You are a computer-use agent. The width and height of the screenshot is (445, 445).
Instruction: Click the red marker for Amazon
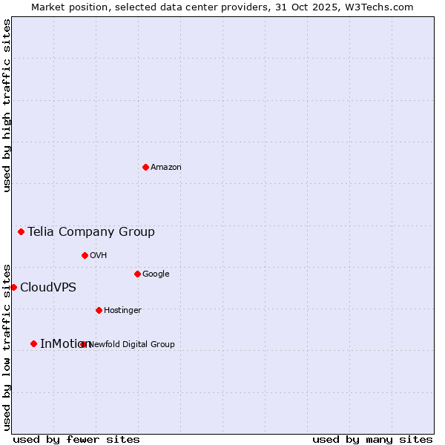pos(145,167)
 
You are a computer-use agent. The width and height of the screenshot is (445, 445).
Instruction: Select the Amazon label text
pos(166,168)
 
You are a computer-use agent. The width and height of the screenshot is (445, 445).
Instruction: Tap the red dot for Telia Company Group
pos(21,231)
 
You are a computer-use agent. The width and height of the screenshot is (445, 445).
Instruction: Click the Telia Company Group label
pos(91,232)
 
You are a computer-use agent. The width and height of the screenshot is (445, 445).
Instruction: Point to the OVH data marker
pos(85,255)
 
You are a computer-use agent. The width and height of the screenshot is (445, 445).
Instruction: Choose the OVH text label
pos(99,256)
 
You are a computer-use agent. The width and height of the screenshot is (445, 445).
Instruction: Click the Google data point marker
pos(137,274)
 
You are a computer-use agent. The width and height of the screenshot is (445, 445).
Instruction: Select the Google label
pos(156,274)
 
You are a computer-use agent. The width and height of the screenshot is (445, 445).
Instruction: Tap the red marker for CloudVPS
pos(13,287)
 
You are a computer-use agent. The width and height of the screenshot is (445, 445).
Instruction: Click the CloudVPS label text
pos(48,288)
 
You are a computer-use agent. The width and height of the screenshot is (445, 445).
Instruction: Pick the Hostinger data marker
pos(99,310)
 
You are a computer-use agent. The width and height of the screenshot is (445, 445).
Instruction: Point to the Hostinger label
pos(122,311)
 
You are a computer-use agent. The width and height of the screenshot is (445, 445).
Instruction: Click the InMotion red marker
pos(33,343)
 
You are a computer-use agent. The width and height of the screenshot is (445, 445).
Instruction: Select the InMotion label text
pos(62,344)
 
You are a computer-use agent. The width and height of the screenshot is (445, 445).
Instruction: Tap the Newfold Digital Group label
pos(132,344)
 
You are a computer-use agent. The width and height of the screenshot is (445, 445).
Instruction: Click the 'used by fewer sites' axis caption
pos(76,439)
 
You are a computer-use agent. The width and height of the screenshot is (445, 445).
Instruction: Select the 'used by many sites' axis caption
pos(372,439)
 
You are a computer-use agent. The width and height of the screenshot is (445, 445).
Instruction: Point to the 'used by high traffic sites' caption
pos(7,105)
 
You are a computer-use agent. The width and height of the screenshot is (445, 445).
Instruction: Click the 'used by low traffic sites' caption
pos(7,346)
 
